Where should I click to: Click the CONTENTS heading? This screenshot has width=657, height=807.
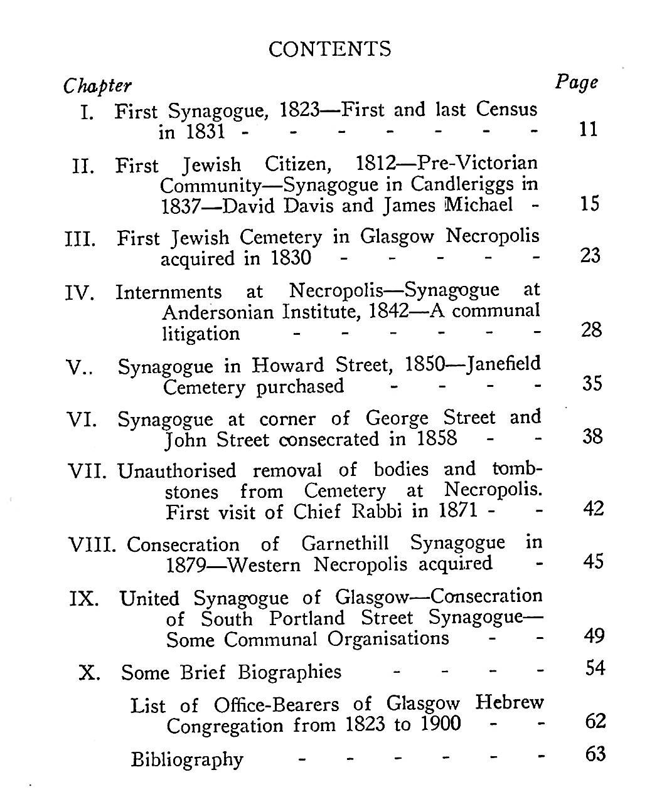[329, 49]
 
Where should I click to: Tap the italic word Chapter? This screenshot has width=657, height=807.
[97, 86]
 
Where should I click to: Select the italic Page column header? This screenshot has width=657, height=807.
[576, 82]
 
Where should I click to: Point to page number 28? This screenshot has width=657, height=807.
[591, 330]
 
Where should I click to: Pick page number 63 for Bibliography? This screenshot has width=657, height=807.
[595, 754]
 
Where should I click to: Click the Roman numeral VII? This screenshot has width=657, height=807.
[89, 471]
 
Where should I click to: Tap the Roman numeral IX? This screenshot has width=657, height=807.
[84, 599]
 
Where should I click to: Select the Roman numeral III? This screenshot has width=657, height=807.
[80, 240]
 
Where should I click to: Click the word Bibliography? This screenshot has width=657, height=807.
[186, 759]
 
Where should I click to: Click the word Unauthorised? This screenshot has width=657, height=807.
[177, 471]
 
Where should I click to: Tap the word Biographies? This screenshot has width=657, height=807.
[289, 672]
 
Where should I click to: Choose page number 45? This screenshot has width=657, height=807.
[593, 561]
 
